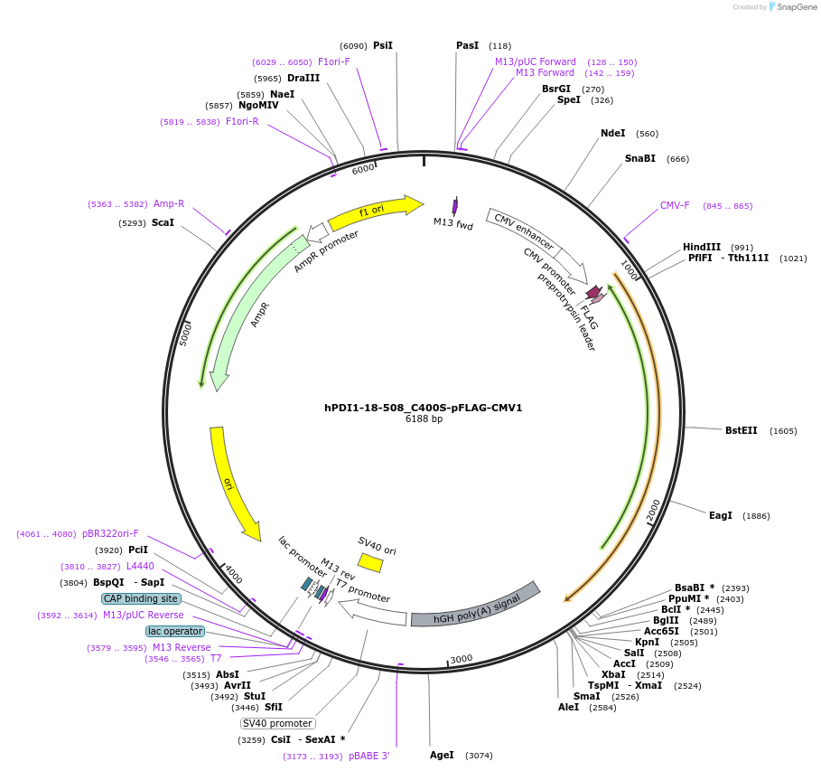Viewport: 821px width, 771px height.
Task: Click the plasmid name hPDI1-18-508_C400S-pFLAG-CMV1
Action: pyautogui.click(x=423, y=408)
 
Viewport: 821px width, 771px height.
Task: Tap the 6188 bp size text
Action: pyautogui.click(x=423, y=419)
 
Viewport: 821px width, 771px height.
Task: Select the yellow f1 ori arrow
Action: pyautogui.click(x=375, y=212)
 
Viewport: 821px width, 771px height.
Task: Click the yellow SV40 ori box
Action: pyautogui.click(x=370, y=563)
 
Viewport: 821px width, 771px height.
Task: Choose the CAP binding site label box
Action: pyautogui.click(x=141, y=598)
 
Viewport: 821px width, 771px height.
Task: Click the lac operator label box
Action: pyautogui.click(x=175, y=631)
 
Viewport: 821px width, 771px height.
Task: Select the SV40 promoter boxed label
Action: pyautogui.click(x=277, y=723)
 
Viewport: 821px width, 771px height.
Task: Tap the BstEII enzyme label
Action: pyautogui.click(x=742, y=430)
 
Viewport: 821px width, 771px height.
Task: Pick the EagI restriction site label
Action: pyautogui.click(x=721, y=515)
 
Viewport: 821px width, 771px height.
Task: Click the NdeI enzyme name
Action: pyautogui.click(x=612, y=133)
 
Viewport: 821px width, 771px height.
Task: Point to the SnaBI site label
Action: pyautogui.click(x=640, y=158)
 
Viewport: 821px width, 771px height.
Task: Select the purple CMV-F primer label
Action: pyautogui.click(x=675, y=205)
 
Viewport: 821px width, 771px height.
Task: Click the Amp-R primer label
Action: pyautogui.click(x=169, y=203)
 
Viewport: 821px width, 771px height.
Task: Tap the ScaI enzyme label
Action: pyautogui.click(x=163, y=222)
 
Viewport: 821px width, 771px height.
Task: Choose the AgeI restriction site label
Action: pyautogui.click(x=442, y=755)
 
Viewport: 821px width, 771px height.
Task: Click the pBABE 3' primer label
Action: pyautogui.click(x=369, y=756)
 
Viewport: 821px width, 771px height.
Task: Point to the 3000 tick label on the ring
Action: pyautogui.click(x=462, y=659)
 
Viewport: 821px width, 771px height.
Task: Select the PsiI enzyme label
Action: pyautogui.click(x=383, y=45)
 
